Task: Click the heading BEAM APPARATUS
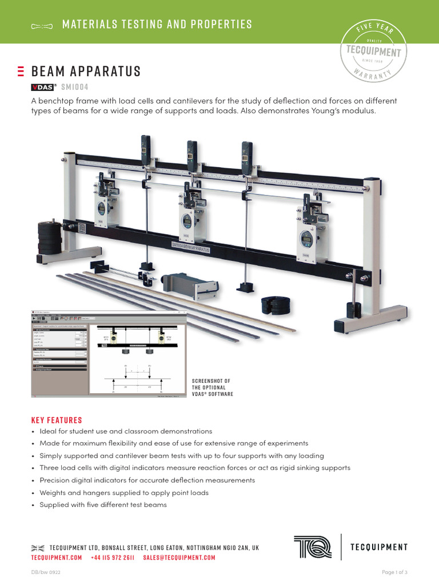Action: pyautogui.click(x=86, y=72)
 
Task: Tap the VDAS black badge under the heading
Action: pyautogui.click(x=42, y=87)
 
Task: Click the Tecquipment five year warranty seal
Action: pyautogui.click(x=374, y=51)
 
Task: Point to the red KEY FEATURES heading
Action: pyautogui.click(x=57, y=419)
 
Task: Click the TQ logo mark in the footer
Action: pyautogui.click(x=313, y=547)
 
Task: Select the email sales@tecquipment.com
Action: pyautogui.click(x=179, y=557)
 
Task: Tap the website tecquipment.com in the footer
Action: pyautogui.click(x=57, y=557)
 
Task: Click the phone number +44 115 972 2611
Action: pyautogui.click(x=112, y=557)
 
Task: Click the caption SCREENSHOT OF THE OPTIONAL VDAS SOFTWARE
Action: pyautogui.click(x=213, y=387)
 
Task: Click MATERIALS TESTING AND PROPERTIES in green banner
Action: pyautogui.click(x=157, y=24)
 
